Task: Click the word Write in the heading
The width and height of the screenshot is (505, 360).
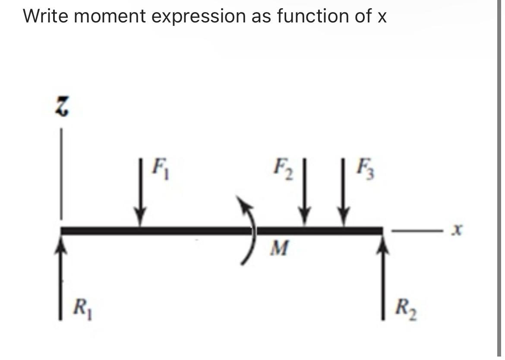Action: point(48,16)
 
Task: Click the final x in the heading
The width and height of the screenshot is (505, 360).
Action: point(382,17)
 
